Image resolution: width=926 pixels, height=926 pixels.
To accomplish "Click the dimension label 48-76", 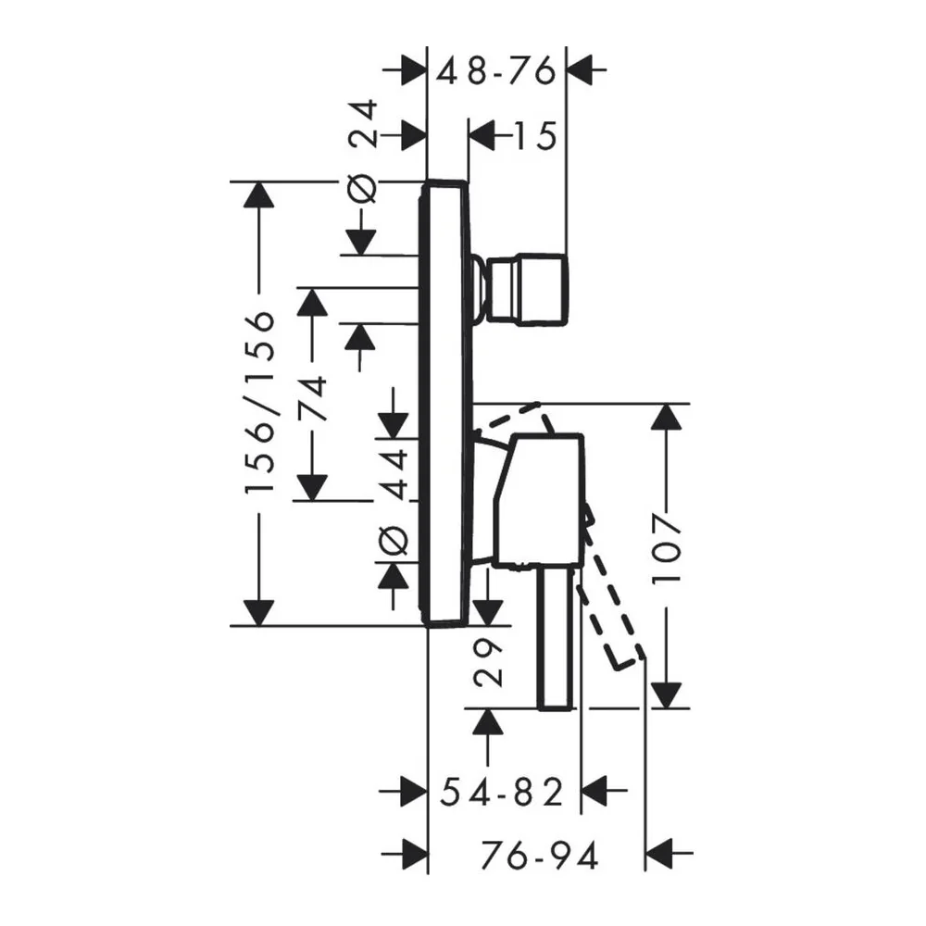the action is tap(496, 71).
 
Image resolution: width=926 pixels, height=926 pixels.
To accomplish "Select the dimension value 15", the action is tap(535, 136).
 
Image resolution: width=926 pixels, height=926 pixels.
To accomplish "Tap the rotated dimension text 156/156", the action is tap(260, 401).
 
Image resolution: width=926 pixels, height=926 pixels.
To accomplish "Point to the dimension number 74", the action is tap(312, 397).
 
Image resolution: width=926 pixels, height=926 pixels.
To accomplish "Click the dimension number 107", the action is tap(667, 549).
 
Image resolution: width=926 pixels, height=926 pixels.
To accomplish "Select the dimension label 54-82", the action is tap(501, 792).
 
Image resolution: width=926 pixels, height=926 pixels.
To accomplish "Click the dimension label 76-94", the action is tap(540, 855).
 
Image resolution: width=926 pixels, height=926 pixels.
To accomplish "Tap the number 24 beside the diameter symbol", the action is tap(361, 123).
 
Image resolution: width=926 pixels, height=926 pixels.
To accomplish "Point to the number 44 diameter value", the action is tap(393, 474).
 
